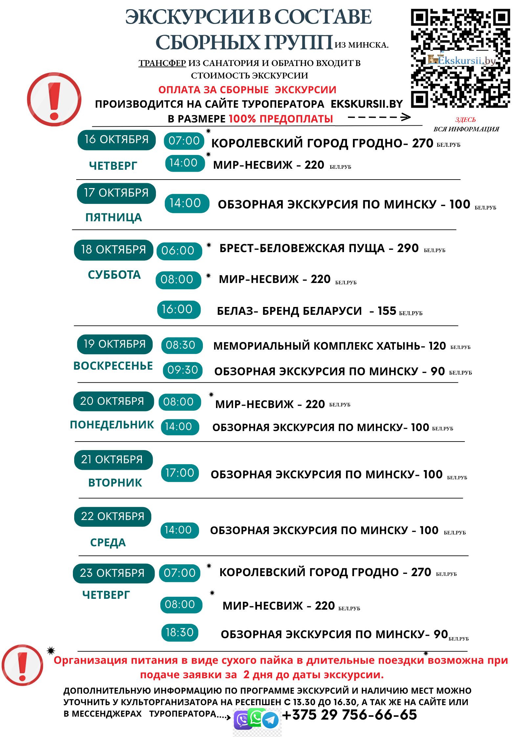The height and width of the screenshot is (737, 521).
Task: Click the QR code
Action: pyautogui.click(x=460, y=58)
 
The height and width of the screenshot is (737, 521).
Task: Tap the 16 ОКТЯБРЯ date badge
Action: pyautogui.click(x=117, y=140)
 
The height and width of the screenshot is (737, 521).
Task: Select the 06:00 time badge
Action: pyautogui.click(x=179, y=251)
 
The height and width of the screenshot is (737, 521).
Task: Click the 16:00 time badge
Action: pyautogui.click(x=179, y=310)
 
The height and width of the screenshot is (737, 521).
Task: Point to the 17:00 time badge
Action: pyautogui.click(x=180, y=473)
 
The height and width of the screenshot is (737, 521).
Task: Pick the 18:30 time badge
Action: pyautogui.click(x=180, y=632)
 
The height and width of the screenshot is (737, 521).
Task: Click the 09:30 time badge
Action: pyautogui.click(x=183, y=370)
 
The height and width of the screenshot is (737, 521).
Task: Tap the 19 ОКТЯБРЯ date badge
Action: pyautogui.click(x=115, y=344)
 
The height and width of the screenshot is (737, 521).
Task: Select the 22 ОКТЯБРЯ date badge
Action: pyautogui.click(x=113, y=516)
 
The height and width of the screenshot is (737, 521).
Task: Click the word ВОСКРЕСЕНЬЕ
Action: pyautogui.click(x=113, y=366)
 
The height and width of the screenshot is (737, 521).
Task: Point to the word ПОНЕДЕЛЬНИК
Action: pyautogui.click(x=112, y=425)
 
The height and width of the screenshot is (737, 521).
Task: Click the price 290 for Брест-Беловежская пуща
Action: pyautogui.click(x=408, y=248)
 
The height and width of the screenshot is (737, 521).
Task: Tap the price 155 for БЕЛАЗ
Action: pyautogui.click(x=387, y=311)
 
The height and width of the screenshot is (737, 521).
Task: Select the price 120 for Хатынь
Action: pyautogui.click(x=437, y=346)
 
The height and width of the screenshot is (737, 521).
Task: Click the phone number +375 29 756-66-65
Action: pyautogui.click(x=350, y=715)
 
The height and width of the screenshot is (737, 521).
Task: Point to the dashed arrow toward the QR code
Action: pyautogui.click(x=379, y=117)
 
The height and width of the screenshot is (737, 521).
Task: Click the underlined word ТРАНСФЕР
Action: pyautogui.click(x=162, y=63)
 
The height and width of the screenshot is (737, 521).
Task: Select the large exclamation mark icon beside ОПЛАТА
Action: pyautogui.click(x=54, y=99)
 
